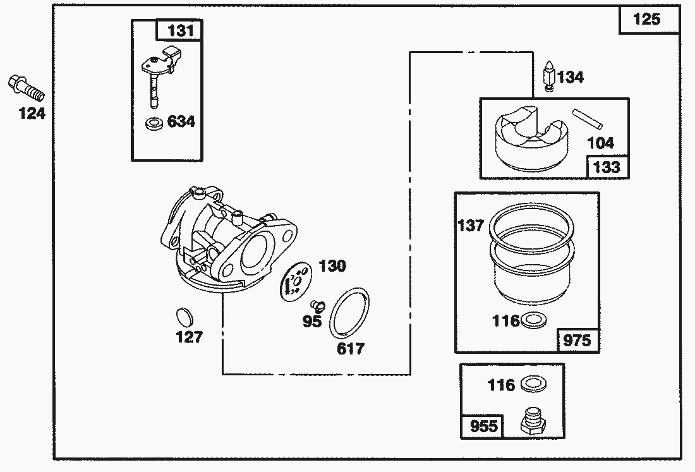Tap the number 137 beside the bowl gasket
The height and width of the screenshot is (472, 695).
(x=470, y=226)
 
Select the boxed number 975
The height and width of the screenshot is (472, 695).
(x=577, y=341)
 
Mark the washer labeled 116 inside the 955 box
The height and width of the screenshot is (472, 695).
(x=534, y=384)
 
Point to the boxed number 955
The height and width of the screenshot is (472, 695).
(x=484, y=426)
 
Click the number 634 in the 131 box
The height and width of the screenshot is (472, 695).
(x=181, y=121)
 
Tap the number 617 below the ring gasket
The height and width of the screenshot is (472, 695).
(x=351, y=348)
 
